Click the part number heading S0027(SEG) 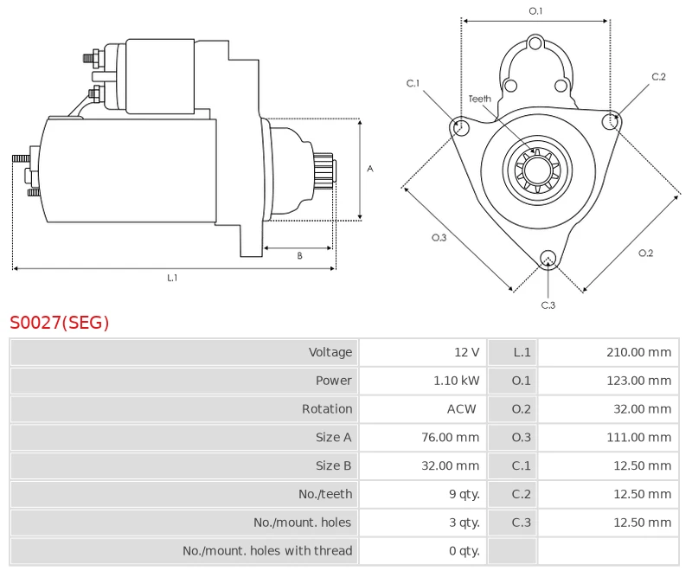pyautogui.click(x=60, y=323)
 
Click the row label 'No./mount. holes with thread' pyautogui.click(x=267, y=551)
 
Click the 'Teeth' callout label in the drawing pyautogui.click(x=480, y=99)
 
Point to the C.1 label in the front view pyautogui.click(x=413, y=83)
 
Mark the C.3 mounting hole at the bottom pyautogui.click(x=547, y=258)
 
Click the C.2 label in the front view pyautogui.click(x=658, y=77)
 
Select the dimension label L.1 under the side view pyautogui.click(x=172, y=278)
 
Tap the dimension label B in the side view pyautogui.click(x=299, y=256)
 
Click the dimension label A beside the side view pyautogui.click(x=369, y=169)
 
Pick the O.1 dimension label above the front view pyautogui.click(x=535, y=10)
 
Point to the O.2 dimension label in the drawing pyautogui.click(x=645, y=253)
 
